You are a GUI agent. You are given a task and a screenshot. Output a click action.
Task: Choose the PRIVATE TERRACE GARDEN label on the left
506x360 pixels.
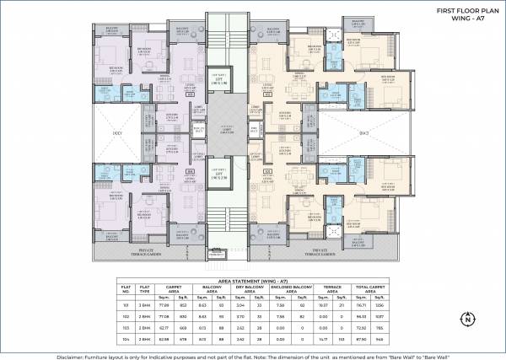pyautogui.click(x=159, y=250)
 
